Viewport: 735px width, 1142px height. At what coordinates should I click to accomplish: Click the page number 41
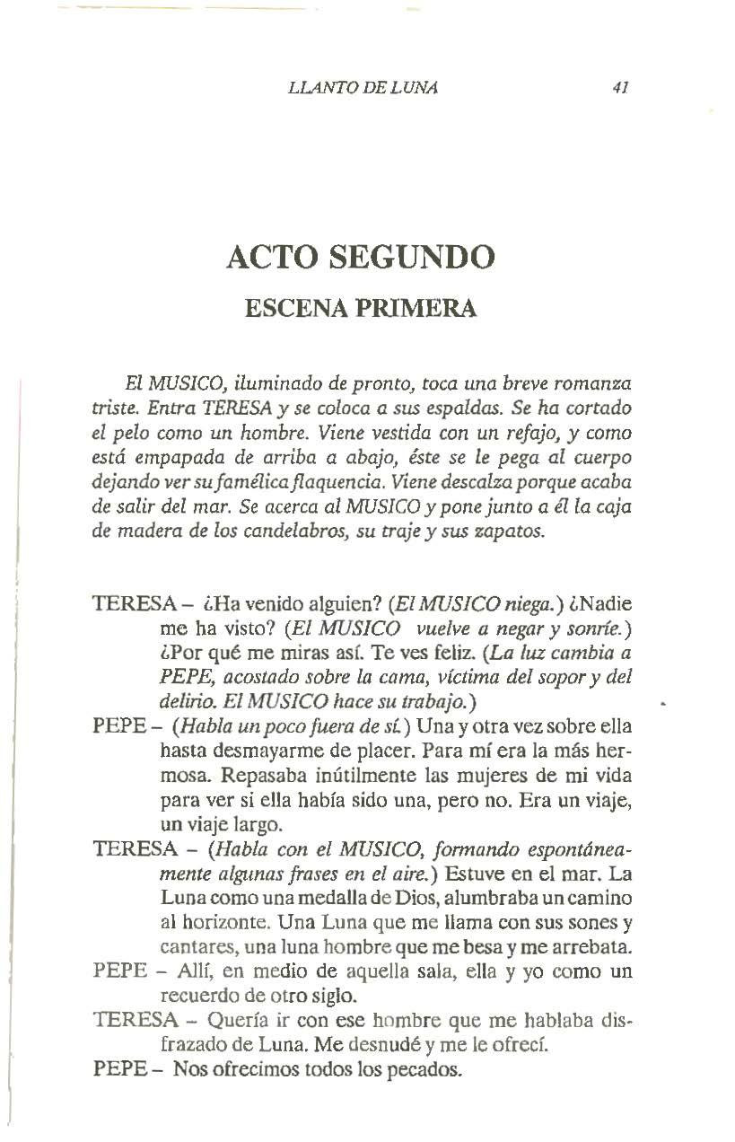coord(618,88)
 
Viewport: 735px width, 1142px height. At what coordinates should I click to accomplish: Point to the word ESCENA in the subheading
coord(290,308)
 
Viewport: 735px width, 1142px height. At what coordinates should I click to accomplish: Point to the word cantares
coord(193,945)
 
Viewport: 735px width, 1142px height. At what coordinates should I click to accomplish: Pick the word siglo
coord(331,995)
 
